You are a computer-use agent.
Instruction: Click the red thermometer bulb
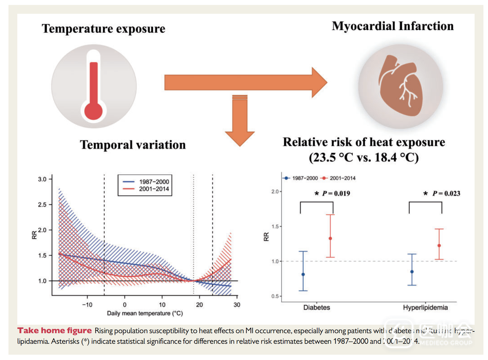94,111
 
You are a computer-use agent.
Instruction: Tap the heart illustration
400,85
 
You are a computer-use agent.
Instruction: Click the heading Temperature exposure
103,29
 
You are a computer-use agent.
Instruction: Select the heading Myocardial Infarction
392,26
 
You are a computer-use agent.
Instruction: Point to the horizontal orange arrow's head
319,83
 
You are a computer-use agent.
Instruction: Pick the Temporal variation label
133,145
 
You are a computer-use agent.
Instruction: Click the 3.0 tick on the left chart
42,179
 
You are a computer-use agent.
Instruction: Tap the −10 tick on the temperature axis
87,305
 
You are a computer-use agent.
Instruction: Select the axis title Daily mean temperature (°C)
145,313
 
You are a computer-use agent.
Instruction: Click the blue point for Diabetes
303,274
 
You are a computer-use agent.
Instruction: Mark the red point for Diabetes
330,239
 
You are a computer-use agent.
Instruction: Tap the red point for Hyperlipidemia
439,246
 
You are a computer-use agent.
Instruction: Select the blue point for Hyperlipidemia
412,272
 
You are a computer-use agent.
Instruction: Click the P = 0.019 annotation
336,193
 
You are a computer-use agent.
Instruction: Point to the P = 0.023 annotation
446,193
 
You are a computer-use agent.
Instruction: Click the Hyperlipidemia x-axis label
425,308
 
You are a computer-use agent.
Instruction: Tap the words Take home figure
55,331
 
